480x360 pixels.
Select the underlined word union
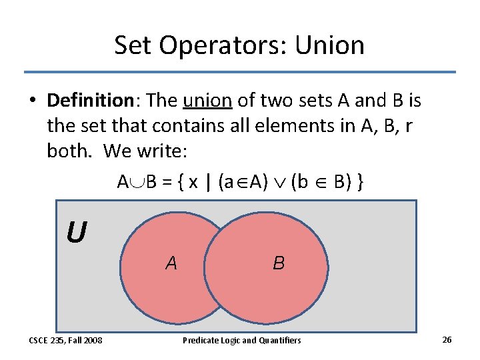(207, 101)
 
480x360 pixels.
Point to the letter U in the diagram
(76, 233)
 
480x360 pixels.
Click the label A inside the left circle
(171, 263)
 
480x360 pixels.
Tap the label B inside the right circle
(279, 263)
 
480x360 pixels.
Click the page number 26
(447, 340)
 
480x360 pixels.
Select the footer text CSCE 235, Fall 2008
(65, 341)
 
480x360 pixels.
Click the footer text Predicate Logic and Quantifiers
(242, 341)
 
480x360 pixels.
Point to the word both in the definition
(70, 151)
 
